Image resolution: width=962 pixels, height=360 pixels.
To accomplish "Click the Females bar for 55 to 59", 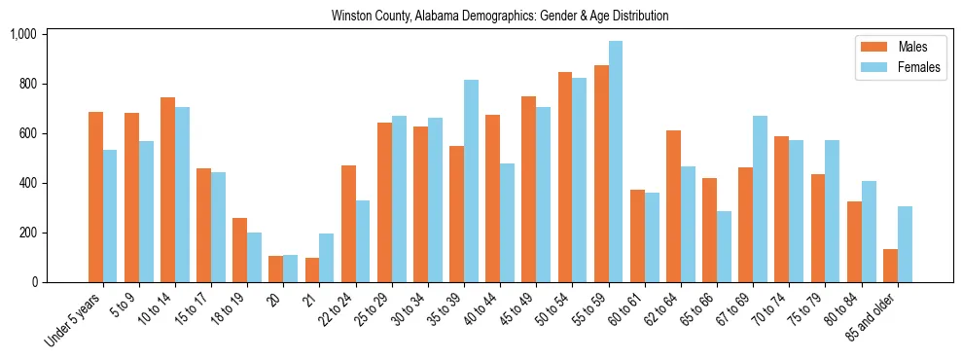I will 616,162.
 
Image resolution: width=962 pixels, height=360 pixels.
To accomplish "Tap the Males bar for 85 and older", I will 891,266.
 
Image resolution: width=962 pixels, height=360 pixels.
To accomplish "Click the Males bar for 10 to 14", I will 167,190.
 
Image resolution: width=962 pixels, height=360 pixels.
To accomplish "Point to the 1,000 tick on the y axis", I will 23,35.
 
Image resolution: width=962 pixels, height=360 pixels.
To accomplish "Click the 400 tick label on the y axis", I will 27,183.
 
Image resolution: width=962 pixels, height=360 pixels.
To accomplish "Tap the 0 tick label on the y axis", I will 35,282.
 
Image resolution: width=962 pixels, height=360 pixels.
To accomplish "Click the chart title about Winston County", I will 500,17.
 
